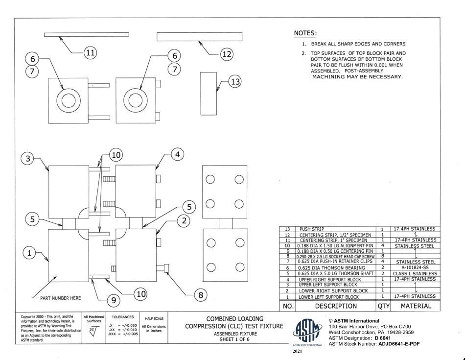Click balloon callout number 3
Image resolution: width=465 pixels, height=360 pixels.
[x=28, y=159]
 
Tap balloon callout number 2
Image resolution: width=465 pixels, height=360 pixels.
[x=184, y=221]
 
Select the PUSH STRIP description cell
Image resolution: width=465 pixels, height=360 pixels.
[x=311, y=229]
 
